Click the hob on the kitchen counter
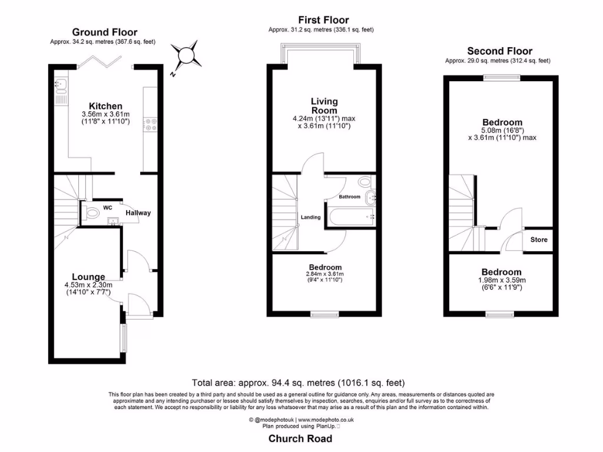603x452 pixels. [150, 125]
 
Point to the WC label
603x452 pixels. [107, 208]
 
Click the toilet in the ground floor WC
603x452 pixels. [90, 212]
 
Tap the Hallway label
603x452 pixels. [138, 213]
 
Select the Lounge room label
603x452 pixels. [88, 277]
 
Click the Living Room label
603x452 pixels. [324, 106]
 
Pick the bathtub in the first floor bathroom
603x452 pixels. [352, 217]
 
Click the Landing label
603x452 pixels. [310, 218]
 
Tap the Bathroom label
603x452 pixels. [349, 197]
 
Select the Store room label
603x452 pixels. [539, 240]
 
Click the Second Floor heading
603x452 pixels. [499, 51]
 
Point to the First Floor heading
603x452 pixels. [323, 20]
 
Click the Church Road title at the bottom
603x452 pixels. [300, 438]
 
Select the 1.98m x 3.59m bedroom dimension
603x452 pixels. [501, 280]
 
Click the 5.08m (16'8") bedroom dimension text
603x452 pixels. [501, 130]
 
